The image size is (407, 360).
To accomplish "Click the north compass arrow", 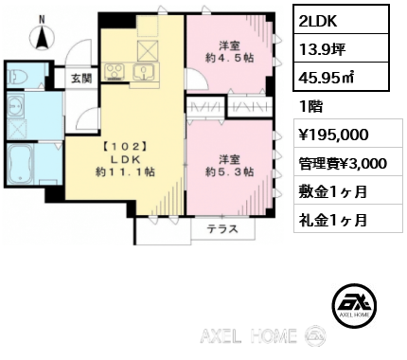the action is click(x=42, y=38).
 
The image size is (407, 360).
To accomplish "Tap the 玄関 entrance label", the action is click(x=81, y=79).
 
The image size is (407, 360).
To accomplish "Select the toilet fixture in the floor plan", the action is click(x=17, y=76).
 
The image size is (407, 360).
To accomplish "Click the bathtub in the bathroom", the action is click(x=21, y=164).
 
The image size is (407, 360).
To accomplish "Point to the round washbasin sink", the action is click(x=15, y=106).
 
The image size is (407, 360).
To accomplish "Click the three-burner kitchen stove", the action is click(x=115, y=71).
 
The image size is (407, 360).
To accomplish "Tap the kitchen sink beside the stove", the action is click(x=144, y=72).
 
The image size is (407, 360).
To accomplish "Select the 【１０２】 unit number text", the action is click(x=125, y=147).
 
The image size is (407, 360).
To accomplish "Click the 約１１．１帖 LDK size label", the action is click(x=125, y=171).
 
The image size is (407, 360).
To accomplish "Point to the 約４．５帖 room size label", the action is click(x=230, y=58).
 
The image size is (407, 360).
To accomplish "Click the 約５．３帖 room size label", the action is click(x=229, y=171).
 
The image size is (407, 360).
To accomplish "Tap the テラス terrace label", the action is click(x=222, y=229).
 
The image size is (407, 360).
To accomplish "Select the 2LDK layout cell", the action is click(x=341, y=20).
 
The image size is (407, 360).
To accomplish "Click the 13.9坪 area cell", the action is click(x=341, y=48).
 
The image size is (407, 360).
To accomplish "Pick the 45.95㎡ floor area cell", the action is click(x=341, y=77).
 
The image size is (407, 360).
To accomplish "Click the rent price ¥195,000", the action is click(x=348, y=134).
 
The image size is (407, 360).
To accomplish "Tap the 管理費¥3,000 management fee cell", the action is click(x=348, y=162).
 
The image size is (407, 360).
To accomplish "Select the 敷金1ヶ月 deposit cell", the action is click(x=348, y=190).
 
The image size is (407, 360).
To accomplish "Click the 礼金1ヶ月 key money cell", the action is click(x=348, y=219).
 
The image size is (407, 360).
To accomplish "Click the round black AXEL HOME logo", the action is click(x=354, y=305).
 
